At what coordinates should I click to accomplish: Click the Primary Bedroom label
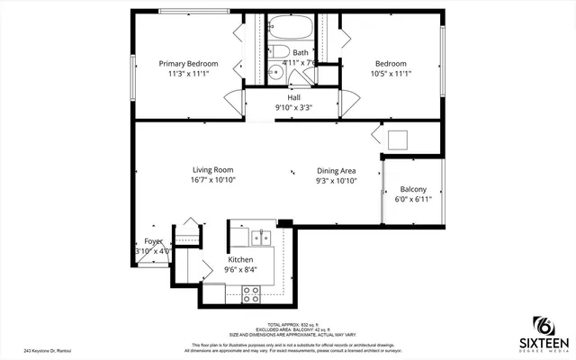coord(191,64)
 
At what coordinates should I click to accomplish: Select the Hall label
coord(293,97)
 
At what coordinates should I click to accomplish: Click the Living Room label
coord(212,169)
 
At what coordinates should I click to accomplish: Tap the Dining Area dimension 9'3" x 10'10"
coord(337,181)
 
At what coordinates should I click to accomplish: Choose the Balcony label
coord(413,189)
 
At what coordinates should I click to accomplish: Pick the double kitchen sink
coord(261,238)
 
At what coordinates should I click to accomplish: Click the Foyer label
coord(154,241)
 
